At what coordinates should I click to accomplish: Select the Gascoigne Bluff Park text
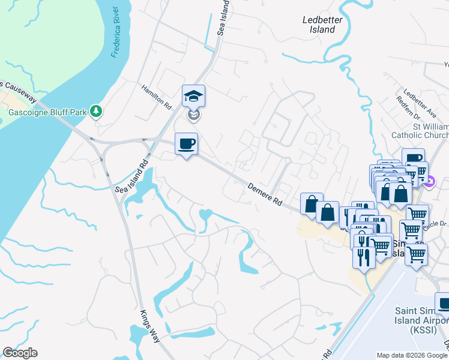click(x=44, y=111)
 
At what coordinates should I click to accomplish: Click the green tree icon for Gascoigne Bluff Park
click(x=95, y=111)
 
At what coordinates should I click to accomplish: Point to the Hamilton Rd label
click(x=157, y=95)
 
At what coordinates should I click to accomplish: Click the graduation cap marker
click(x=194, y=95)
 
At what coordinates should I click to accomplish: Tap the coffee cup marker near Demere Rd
click(x=186, y=143)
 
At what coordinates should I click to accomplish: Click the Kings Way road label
click(x=150, y=326)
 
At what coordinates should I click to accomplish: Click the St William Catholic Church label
click(x=423, y=130)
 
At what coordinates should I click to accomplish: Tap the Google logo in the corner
click(x=20, y=353)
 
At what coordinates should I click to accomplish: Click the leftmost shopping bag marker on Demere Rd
click(x=311, y=204)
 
